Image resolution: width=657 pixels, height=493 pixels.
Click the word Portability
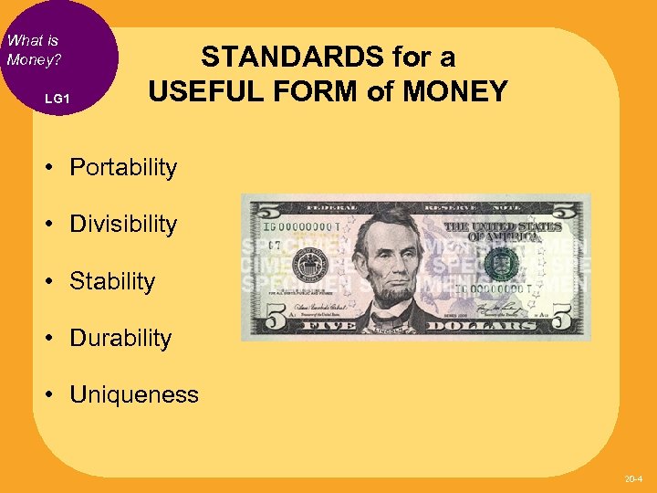tap(123, 168)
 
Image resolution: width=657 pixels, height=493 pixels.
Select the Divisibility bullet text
tap(123, 225)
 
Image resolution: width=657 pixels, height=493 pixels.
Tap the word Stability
tap(112, 281)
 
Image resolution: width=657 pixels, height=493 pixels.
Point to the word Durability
tap(120, 338)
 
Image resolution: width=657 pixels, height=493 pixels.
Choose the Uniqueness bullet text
tap(133, 394)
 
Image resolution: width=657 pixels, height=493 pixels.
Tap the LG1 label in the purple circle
tap(57, 98)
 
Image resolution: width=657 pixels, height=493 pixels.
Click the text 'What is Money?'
tap(33, 49)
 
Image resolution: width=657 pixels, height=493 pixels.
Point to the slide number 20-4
tap(633, 478)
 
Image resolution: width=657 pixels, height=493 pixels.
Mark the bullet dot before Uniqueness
tap(56, 394)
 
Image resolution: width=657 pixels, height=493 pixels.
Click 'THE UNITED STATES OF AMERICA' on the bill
tap(491, 231)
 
